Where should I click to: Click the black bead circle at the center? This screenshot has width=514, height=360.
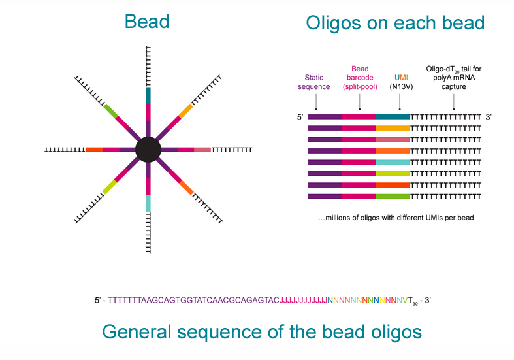coord(148,150)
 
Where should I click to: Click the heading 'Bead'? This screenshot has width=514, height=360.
coord(147,22)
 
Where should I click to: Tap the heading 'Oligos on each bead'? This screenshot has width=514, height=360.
coord(395,23)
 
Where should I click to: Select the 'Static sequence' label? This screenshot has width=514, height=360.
coord(313,82)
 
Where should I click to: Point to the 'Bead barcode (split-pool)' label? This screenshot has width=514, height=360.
coord(360,78)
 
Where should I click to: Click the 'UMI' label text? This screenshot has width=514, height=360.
coord(401,78)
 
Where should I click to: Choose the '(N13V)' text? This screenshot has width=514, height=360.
coord(401,86)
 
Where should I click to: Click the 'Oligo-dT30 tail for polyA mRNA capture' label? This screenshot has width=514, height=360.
coord(454,78)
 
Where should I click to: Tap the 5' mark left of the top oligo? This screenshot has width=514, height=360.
coord(300,117)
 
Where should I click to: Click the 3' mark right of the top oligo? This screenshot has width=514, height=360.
coord(489,117)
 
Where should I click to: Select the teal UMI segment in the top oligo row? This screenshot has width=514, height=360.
coord(393,117)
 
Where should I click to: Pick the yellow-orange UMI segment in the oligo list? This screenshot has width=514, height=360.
coord(393,128)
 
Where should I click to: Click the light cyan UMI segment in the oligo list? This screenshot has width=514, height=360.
coord(393,162)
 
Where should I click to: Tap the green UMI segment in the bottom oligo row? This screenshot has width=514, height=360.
coord(393,197)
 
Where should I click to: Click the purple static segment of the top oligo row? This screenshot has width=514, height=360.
coord(325,117)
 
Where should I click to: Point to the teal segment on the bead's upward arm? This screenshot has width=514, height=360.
coord(148,96)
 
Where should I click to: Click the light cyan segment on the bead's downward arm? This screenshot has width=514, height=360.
coord(148,203)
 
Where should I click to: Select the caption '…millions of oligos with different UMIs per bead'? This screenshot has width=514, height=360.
coord(396,218)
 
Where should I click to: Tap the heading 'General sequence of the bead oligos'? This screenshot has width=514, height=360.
coord(262,332)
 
